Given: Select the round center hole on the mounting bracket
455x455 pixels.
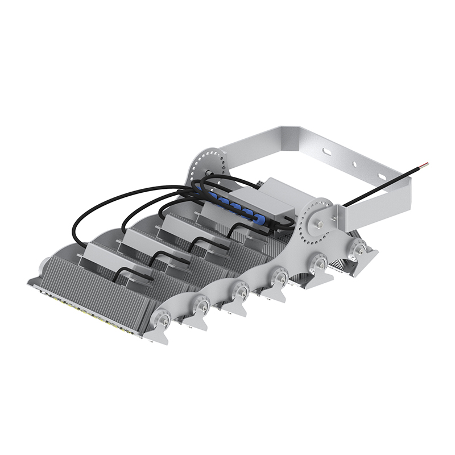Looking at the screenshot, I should [354, 164].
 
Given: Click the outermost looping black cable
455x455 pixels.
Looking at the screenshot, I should [85, 216].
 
